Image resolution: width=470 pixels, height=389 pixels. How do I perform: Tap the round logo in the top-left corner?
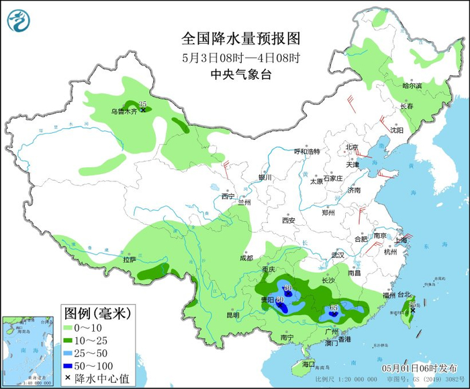[19, 20]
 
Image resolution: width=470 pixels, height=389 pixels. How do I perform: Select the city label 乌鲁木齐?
[124, 112]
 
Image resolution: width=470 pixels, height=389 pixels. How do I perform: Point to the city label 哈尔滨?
[412, 86]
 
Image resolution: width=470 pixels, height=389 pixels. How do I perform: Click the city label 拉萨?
[129, 259]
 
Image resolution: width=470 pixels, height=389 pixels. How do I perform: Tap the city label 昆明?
[232, 314]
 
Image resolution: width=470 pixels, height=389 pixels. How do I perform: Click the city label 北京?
[352, 147]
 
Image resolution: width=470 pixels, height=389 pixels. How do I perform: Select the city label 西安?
[289, 220]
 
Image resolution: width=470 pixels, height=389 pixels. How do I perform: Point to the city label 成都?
[246, 258]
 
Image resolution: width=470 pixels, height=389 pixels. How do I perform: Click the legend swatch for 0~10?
[68, 327]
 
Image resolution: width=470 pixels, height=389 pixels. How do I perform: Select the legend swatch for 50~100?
[68, 365]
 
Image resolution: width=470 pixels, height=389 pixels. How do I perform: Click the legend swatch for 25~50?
[68, 353]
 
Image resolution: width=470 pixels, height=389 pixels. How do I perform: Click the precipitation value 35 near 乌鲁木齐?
[142, 103]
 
